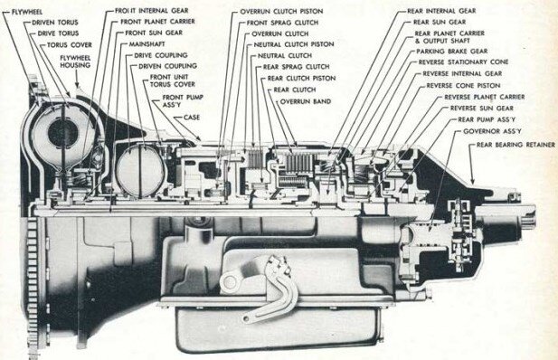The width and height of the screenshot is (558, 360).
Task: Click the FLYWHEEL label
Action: pyautogui.click(x=27, y=12)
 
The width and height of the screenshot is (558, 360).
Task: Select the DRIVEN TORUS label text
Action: pyautogui.click(x=55, y=23)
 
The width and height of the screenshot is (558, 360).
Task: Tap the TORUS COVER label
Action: pyautogui.click(x=70, y=45)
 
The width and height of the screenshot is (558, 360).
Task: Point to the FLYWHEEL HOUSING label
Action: pyautogui.click(x=75, y=62)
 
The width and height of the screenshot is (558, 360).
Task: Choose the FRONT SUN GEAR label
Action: pyautogui.click(x=154, y=33)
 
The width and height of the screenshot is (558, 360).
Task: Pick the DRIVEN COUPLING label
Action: pyautogui.click(x=167, y=66)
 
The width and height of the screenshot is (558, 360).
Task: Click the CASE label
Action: pyautogui.click(x=192, y=118)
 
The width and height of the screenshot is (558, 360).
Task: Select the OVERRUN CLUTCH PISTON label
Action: pyautogui.click(x=281, y=12)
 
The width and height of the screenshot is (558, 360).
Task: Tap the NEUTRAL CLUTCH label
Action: pyautogui.click(x=285, y=56)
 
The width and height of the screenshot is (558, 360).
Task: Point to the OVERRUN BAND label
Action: pyautogui.click(x=306, y=101)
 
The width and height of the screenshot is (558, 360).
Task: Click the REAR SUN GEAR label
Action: pyautogui.click(x=440, y=22)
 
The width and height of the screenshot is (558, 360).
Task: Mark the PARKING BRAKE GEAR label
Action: pyautogui.click(x=452, y=52)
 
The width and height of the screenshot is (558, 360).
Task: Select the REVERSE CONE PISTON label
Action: pyautogui.click(x=463, y=85)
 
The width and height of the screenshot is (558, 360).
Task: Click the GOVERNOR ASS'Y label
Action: pyautogui.click(x=492, y=131)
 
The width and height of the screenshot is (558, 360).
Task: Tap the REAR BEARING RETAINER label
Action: pyautogui.click(x=515, y=145)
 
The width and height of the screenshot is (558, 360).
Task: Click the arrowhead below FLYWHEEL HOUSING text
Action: pyautogui.click(x=77, y=85)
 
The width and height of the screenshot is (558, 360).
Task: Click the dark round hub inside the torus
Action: pyautogui.click(x=62, y=132)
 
